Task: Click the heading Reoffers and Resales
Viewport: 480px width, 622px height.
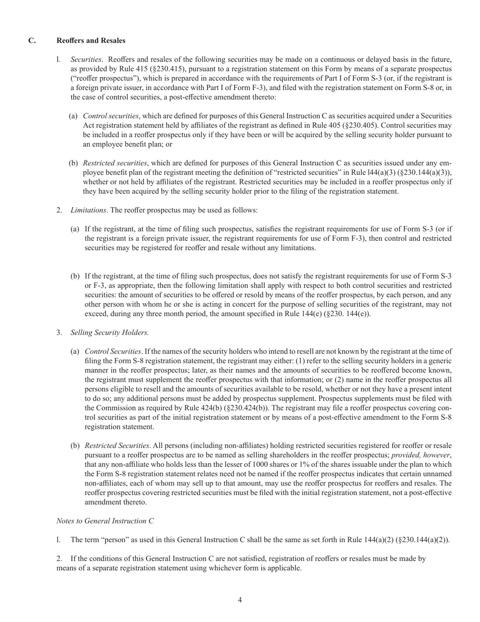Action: coord(91,40)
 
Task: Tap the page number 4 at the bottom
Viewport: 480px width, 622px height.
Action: coord(239,600)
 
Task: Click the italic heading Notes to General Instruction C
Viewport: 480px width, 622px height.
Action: coord(105,520)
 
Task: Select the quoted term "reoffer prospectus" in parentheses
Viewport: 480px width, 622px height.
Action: coord(102,78)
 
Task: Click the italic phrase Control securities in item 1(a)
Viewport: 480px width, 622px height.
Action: coord(111,116)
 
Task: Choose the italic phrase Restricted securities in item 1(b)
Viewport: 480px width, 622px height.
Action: coord(115,163)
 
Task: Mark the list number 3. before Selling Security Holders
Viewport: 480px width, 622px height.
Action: coord(59,332)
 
